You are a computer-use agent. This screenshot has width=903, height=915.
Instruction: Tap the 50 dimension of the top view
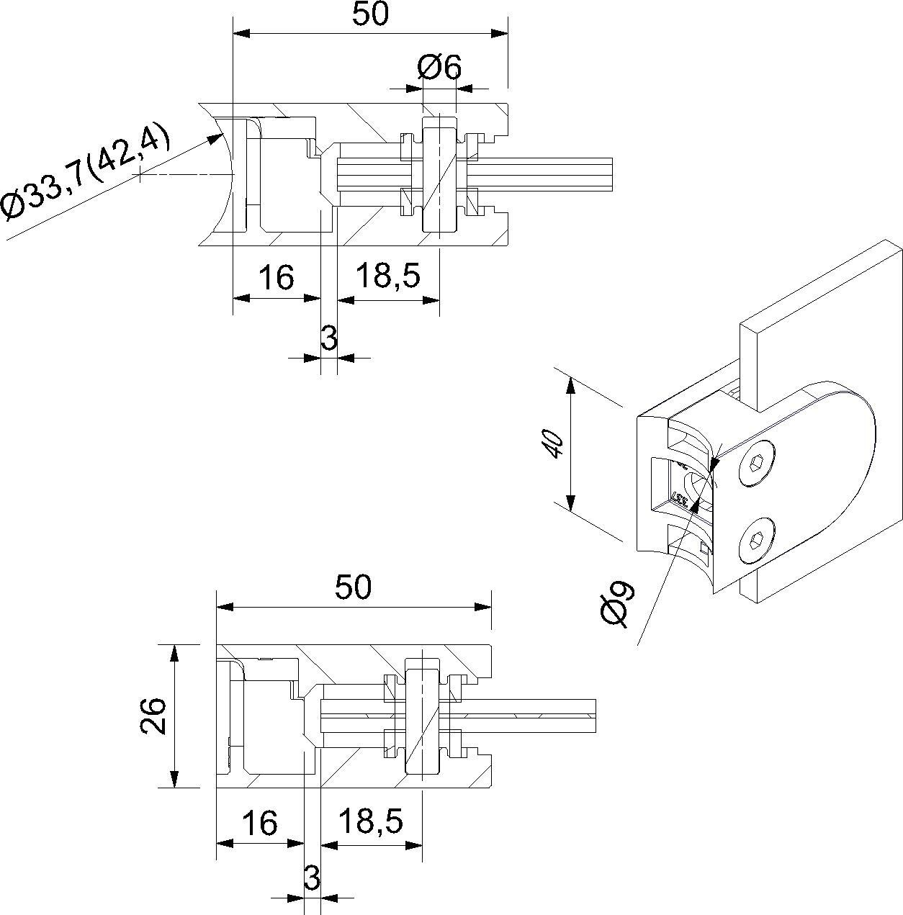[371, 14]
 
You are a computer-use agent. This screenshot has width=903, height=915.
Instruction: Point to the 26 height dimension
[153, 716]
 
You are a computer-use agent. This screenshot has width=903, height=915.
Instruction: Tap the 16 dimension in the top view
[277, 277]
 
